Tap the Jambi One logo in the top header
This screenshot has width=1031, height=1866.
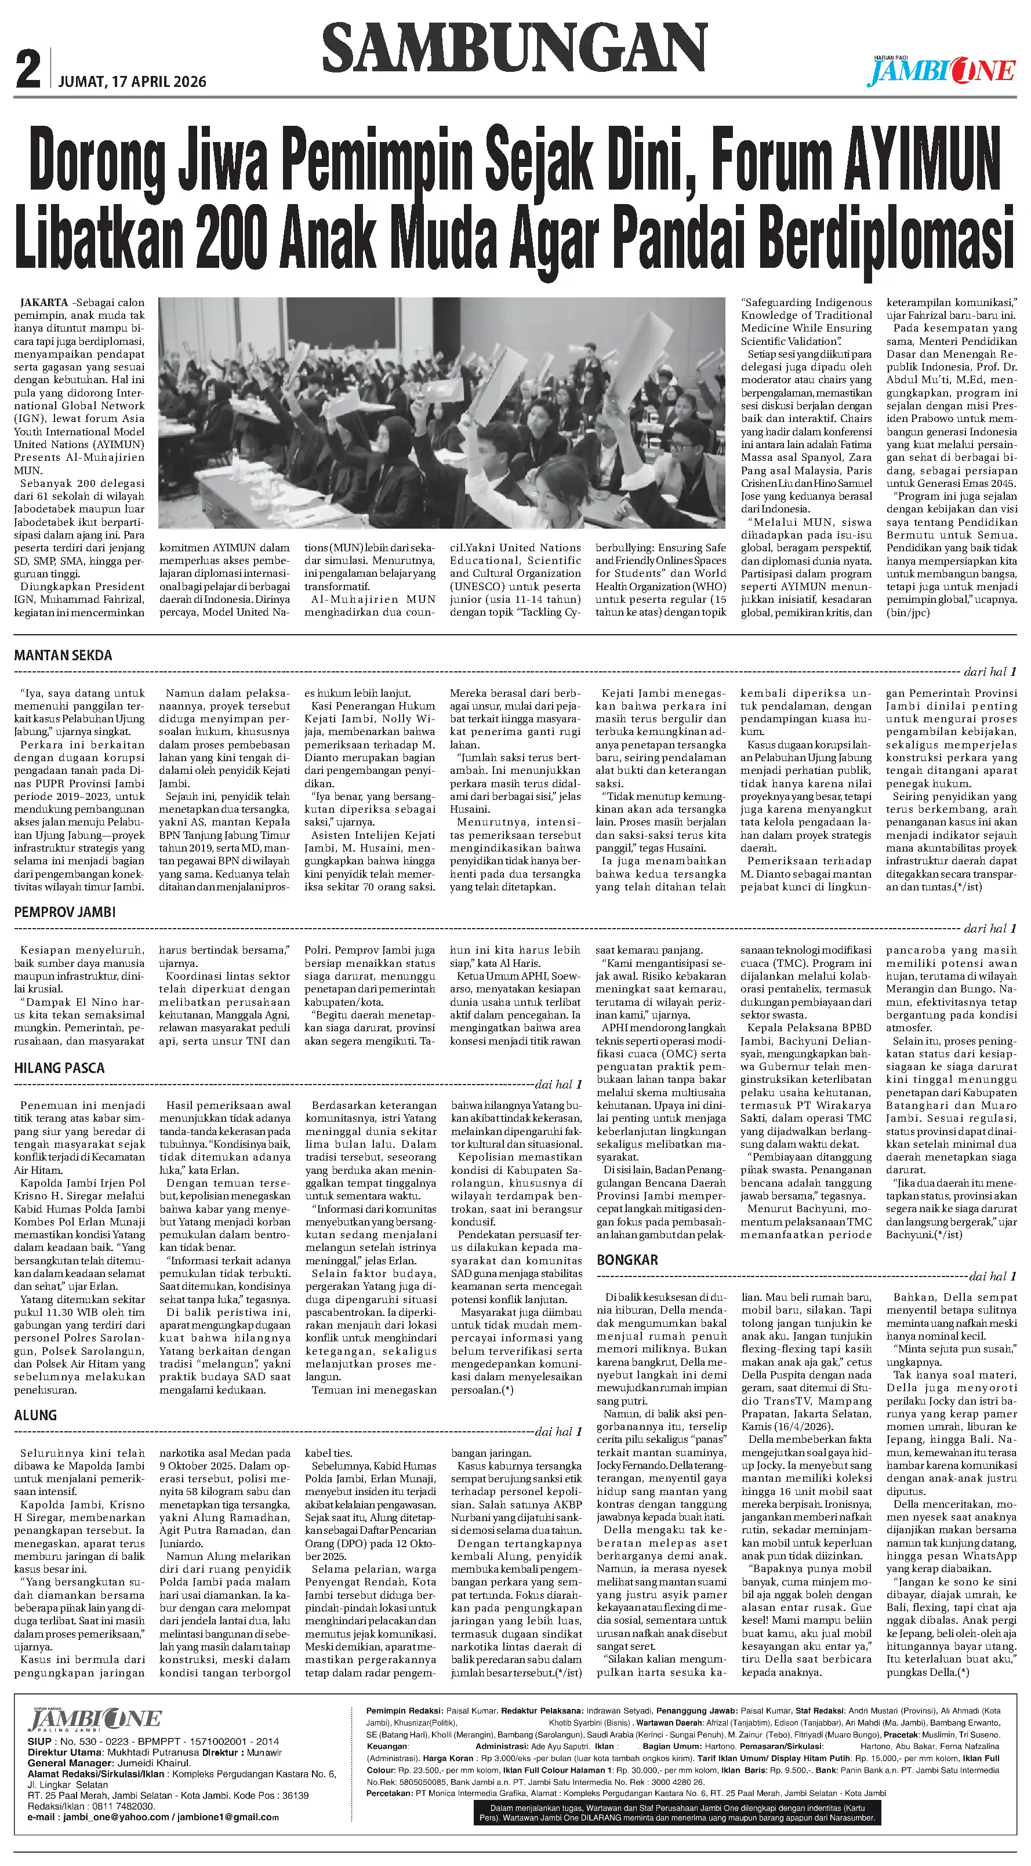coord(941,71)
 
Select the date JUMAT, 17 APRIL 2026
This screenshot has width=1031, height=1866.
coord(132,82)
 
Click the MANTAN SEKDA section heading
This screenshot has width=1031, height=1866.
coord(63,656)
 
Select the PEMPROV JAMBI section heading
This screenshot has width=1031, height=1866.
coord(64,912)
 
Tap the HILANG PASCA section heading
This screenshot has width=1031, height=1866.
coord(59,1068)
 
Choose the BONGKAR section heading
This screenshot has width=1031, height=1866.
coord(627,1260)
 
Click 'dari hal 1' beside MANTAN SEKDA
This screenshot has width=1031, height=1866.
coord(990,671)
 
